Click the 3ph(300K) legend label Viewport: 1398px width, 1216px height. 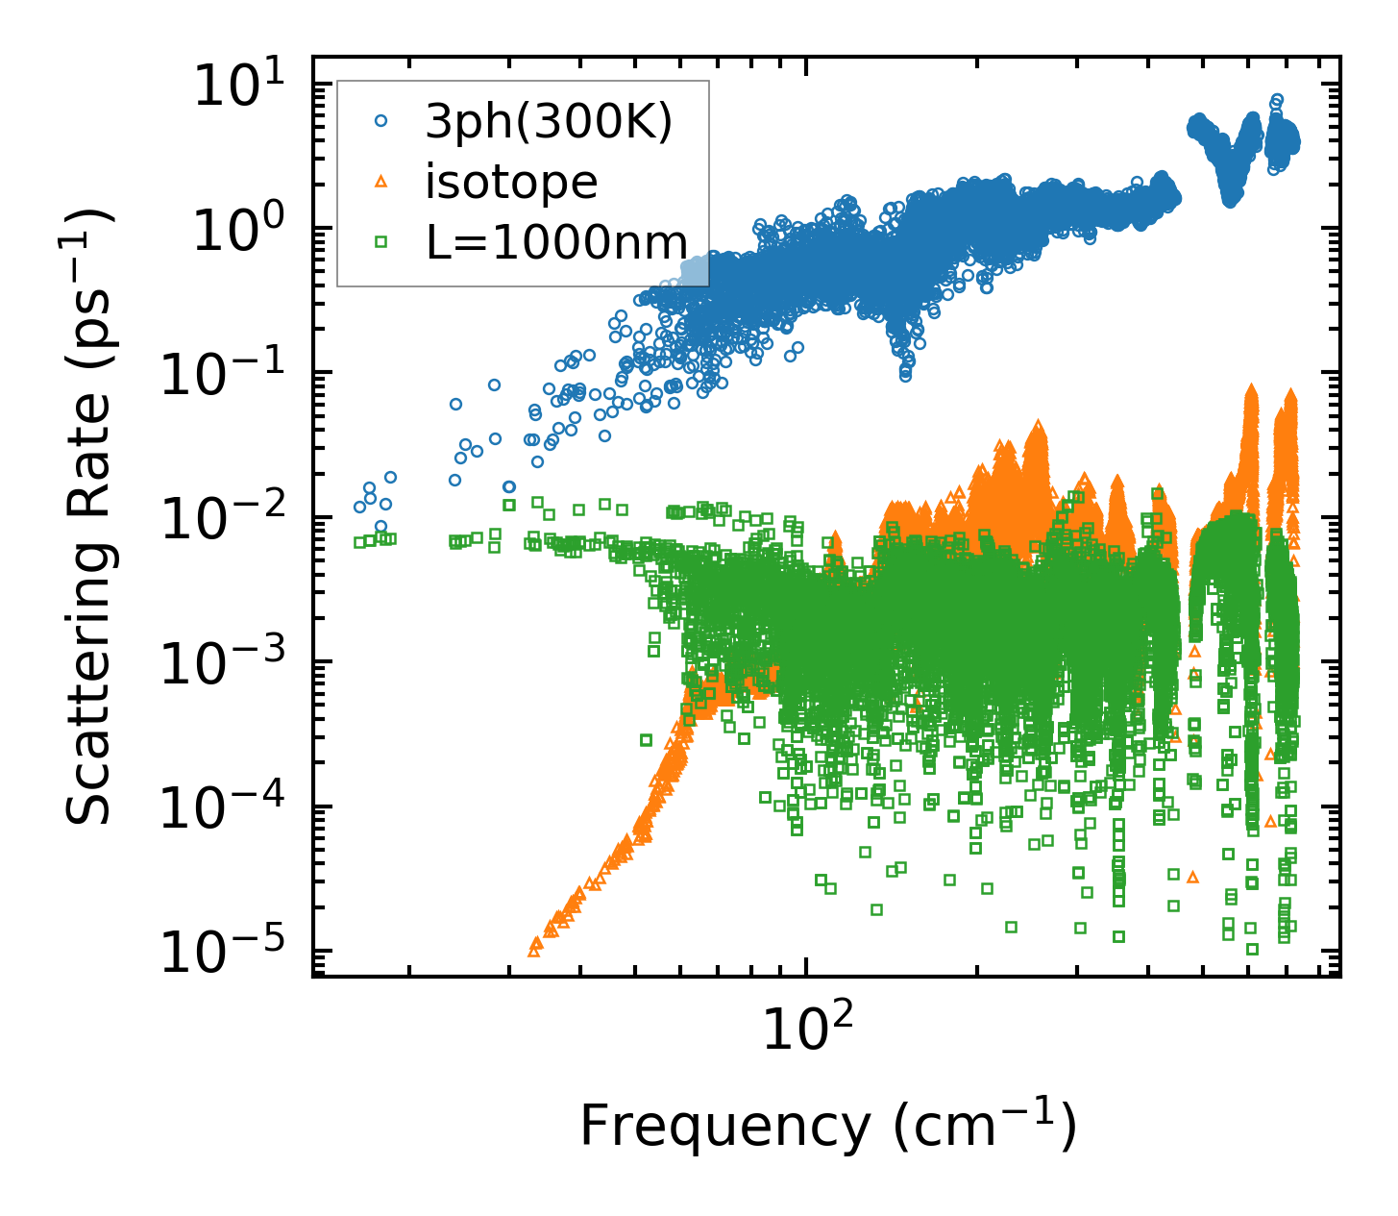click(x=549, y=122)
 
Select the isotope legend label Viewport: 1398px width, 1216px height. click(x=511, y=181)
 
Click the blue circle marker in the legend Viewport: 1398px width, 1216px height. click(x=382, y=121)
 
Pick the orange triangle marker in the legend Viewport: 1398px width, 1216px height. click(x=382, y=181)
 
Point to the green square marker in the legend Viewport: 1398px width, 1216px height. click(x=382, y=241)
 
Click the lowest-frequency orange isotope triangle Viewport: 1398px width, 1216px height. click(x=534, y=951)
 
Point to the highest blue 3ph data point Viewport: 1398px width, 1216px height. click(x=1277, y=99)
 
